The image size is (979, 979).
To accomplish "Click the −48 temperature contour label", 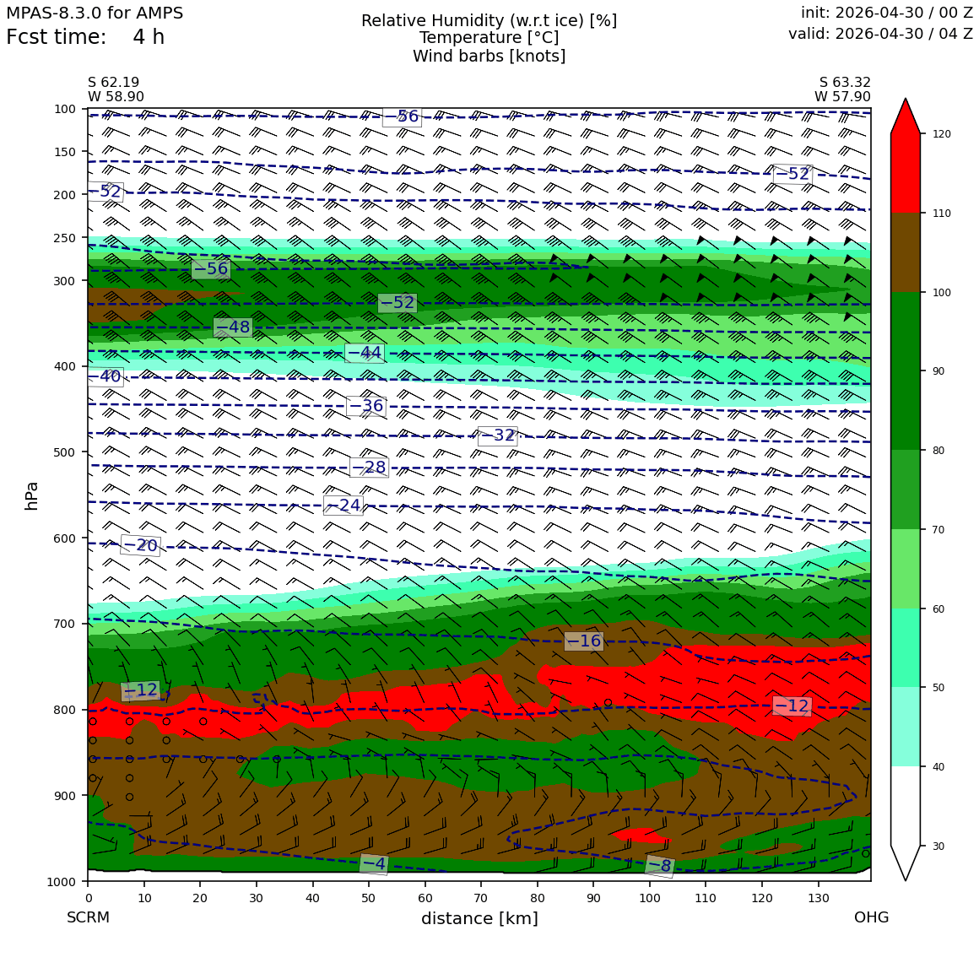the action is [x=233, y=327].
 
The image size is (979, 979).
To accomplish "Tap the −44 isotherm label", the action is [x=365, y=353].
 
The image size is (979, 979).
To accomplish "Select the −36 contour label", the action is [x=366, y=406].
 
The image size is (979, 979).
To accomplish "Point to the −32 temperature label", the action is [x=498, y=435].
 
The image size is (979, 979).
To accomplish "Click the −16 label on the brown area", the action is [x=584, y=641].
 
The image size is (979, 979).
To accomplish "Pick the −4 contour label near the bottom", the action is [x=374, y=864].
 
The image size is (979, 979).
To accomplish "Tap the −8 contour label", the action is [x=659, y=866].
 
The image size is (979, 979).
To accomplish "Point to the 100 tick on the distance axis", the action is [x=649, y=899].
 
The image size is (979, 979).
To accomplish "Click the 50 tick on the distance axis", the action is [x=368, y=899].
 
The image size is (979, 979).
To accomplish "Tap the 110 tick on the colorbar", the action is [x=942, y=214].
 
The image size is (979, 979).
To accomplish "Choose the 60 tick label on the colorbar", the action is [x=938, y=609].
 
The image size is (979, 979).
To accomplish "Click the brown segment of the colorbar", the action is [x=906, y=253].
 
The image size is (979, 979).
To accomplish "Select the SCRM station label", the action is [x=88, y=917].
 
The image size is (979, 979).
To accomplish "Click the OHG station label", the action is [x=872, y=917].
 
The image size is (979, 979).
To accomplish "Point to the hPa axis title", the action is [x=31, y=495].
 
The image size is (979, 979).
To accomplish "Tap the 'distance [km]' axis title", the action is [x=479, y=918].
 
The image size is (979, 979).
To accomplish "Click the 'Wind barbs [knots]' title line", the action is [x=489, y=57].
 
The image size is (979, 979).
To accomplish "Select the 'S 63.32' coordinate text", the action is [x=845, y=83].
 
